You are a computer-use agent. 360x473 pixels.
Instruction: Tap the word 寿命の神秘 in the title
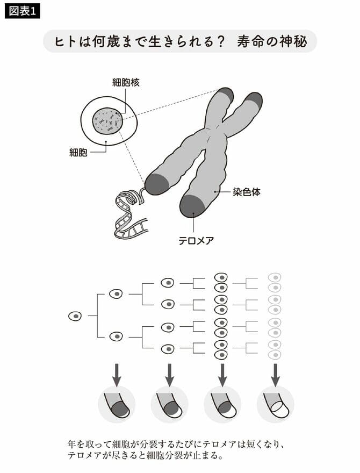273,42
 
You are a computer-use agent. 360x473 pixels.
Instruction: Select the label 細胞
78,153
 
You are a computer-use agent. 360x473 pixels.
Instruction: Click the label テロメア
196,240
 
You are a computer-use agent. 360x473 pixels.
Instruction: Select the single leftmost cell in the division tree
75,316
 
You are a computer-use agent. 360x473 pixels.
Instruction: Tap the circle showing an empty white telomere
275,405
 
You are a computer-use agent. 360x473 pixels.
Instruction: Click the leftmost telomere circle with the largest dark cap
117,405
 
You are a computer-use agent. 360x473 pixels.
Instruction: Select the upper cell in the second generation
116,294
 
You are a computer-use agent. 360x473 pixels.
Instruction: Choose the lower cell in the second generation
116,336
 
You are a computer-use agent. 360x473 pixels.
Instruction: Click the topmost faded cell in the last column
275,277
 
